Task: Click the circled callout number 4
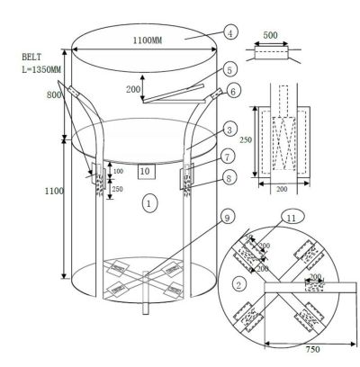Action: (x=230, y=32)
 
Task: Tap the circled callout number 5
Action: (x=229, y=70)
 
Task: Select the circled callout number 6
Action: (x=233, y=91)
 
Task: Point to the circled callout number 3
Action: (x=229, y=130)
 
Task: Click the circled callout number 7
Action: (x=228, y=157)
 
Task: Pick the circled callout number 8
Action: (x=229, y=178)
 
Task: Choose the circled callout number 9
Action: (x=228, y=217)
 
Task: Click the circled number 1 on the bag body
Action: (x=149, y=203)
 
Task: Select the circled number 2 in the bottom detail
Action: (x=239, y=284)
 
